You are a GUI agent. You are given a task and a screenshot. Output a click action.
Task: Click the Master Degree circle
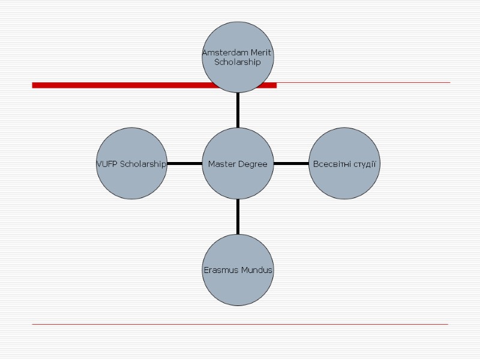tap(238, 163)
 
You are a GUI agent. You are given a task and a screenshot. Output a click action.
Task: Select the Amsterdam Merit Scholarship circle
tap(238, 57)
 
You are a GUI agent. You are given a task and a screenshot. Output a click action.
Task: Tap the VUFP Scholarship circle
tap(132, 163)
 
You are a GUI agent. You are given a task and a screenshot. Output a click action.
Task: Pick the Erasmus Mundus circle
tap(238, 270)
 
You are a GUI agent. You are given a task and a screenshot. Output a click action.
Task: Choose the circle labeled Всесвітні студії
tap(344, 163)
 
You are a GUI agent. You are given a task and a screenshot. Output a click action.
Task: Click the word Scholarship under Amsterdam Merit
tap(238, 62)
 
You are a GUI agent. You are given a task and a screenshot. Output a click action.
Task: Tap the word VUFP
tap(107, 164)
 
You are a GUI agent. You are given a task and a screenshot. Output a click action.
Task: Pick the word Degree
tap(253, 164)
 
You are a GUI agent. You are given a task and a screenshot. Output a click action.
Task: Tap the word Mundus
tap(257, 270)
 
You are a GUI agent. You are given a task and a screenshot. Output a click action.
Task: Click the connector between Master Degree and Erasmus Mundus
tap(238, 217)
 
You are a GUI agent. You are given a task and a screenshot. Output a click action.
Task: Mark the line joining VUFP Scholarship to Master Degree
tap(185, 163)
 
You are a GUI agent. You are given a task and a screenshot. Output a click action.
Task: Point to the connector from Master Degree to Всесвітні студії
tap(291, 163)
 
